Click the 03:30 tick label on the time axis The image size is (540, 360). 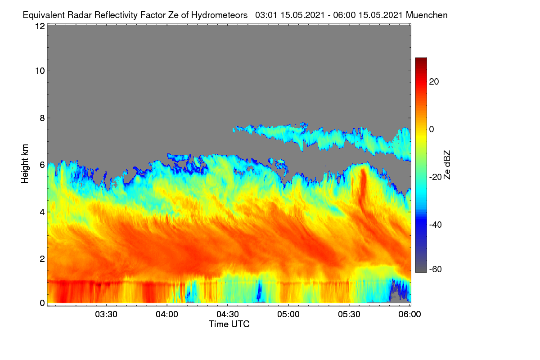pyautogui.click(x=106, y=315)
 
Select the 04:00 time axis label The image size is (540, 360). pyautogui.click(x=167, y=315)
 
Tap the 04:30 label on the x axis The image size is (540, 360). pyautogui.click(x=228, y=315)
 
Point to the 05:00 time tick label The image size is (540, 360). pyautogui.click(x=288, y=315)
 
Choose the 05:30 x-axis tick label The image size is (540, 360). pyautogui.click(x=349, y=315)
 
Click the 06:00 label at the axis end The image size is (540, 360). pyautogui.click(x=409, y=315)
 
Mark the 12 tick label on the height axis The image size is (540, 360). pyautogui.click(x=40, y=26)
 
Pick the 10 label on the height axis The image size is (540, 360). pyautogui.click(x=40, y=71)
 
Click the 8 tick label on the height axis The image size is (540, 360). pyautogui.click(x=42, y=118)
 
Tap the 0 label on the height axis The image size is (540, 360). pyautogui.click(x=42, y=303)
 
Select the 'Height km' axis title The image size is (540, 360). pyautogui.click(x=25, y=164)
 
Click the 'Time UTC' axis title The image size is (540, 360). pyautogui.click(x=229, y=324)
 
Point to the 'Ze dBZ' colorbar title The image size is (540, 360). pyautogui.click(x=447, y=165)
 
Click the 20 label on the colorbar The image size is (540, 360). pyautogui.click(x=434, y=82)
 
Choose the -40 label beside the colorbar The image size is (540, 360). pyautogui.click(x=436, y=225)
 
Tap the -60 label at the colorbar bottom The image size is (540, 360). pyautogui.click(x=436, y=270)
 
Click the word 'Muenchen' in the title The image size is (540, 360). pyautogui.click(x=427, y=15)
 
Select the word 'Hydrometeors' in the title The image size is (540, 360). pyautogui.click(x=219, y=15)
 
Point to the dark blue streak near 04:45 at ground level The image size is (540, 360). pyautogui.click(x=259, y=291)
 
